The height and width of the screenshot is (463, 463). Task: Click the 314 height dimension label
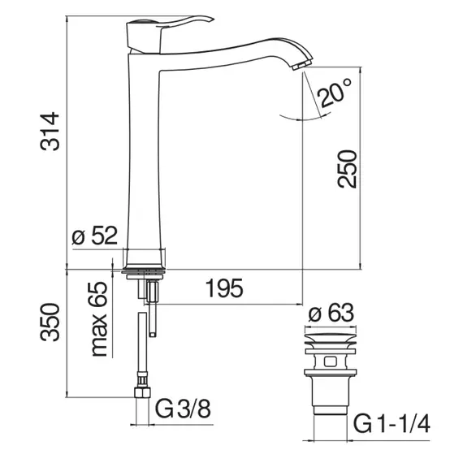pos(50,132)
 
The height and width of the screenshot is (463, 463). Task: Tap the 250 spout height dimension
pos(347,169)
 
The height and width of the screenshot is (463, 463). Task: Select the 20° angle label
pos(334,93)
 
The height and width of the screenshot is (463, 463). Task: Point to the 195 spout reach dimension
pos(224,288)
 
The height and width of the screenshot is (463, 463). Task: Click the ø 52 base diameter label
pos(95,236)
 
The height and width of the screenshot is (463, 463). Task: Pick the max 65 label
pos(99,319)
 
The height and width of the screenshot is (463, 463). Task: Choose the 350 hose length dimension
pos(50,322)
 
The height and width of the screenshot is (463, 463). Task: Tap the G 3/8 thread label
pos(183,409)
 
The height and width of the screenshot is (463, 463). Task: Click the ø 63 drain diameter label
pos(331,313)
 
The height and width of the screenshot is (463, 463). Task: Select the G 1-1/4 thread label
pos(392,424)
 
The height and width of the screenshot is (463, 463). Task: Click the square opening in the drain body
pos(331,361)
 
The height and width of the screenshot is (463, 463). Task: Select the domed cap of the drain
pos(331,339)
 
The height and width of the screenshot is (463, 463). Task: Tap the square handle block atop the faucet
pos(144,37)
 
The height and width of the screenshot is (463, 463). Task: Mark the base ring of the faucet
pos(144,270)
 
